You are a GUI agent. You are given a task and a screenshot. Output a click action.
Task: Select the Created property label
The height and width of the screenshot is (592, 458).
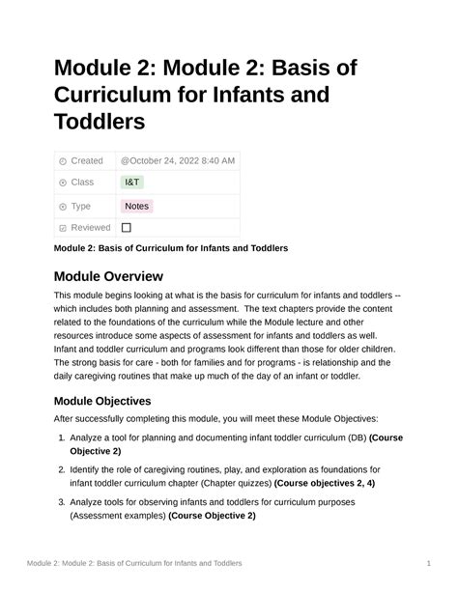(87, 160)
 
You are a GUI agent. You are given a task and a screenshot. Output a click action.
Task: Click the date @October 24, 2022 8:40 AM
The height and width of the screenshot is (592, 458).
(178, 160)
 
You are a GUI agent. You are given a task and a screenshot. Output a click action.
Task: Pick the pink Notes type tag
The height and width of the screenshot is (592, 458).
(136, 206)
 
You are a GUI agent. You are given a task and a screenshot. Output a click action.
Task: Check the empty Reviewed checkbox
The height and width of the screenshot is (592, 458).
(127, 228)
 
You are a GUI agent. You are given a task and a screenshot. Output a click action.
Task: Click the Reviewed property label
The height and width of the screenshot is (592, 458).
(91, 228)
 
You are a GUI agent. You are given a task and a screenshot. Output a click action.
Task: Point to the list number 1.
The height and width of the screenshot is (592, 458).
(61, 437)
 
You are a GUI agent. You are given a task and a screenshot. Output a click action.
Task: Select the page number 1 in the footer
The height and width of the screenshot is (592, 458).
(427, 562)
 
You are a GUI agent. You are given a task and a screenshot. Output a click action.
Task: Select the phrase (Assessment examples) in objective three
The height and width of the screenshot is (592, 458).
(117, 516)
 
